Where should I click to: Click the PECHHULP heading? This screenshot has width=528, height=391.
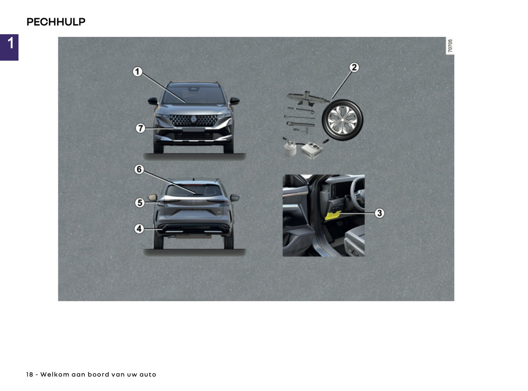(56, 22)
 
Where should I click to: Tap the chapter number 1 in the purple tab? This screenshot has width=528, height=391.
(10, 43)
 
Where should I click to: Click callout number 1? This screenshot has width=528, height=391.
(137, 72)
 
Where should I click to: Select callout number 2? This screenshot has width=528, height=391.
(354, 68)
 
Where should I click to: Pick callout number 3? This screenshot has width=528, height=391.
(379, 213)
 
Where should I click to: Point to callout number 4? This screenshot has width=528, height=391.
(139, 229)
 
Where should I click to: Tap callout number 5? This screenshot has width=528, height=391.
(140, 202)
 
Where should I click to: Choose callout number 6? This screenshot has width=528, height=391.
(139, 170)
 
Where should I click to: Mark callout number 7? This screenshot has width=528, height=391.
(140, 128)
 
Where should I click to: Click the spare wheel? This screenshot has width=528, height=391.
(342, 120)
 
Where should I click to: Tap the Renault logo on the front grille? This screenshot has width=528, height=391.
(193, 119)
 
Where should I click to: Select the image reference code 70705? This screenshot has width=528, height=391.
(450, 46)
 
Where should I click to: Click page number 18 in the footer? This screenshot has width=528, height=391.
(30, 375)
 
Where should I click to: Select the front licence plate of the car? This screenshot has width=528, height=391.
(193, 129)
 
